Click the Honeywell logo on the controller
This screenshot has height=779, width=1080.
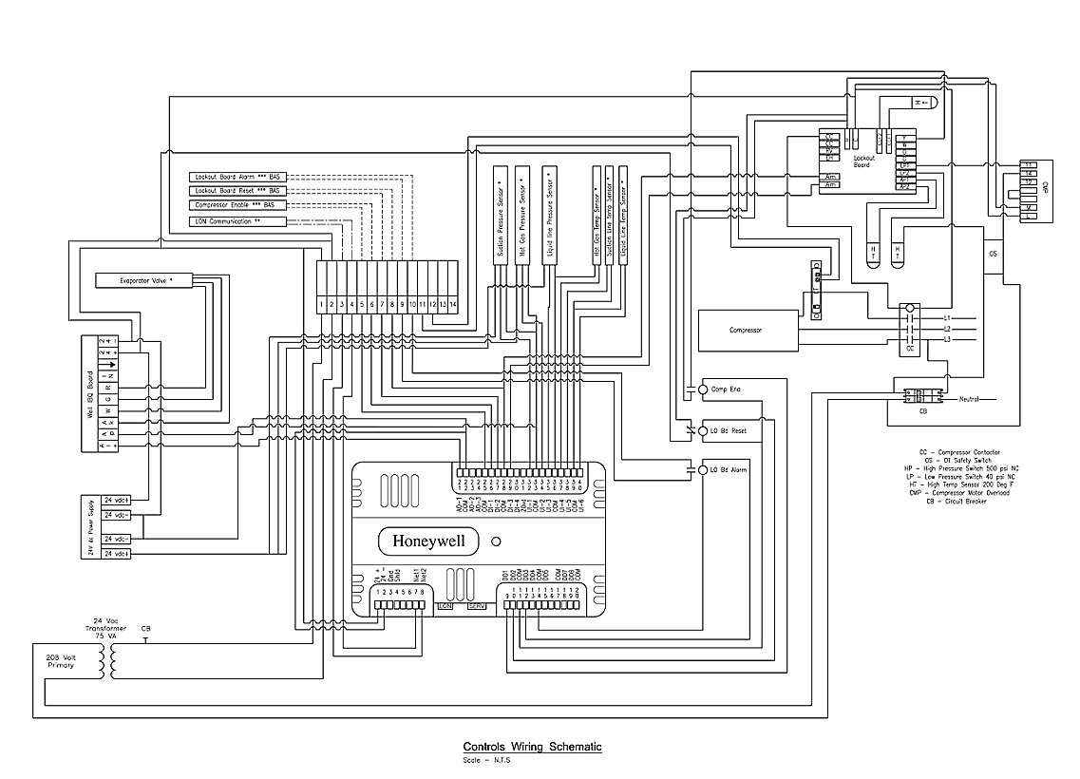point(429,541)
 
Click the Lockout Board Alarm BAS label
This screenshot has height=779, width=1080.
point(237,177)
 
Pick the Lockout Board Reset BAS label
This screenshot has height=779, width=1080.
point(237,191)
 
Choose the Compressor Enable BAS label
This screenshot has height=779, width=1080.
point(237,205)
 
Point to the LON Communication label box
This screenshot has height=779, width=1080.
point(237,221)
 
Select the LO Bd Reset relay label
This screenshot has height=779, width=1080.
point(728,430)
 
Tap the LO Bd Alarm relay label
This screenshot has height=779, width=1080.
point(728,469)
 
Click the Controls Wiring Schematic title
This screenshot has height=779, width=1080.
point(532,747)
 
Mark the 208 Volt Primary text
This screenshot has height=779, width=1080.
point(59,660)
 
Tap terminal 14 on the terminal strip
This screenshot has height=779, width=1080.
point(453,303)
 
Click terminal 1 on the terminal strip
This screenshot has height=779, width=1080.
point(322,303)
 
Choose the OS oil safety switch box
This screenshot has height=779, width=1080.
point(995,255)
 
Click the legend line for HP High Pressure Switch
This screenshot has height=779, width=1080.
point(960,468)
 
